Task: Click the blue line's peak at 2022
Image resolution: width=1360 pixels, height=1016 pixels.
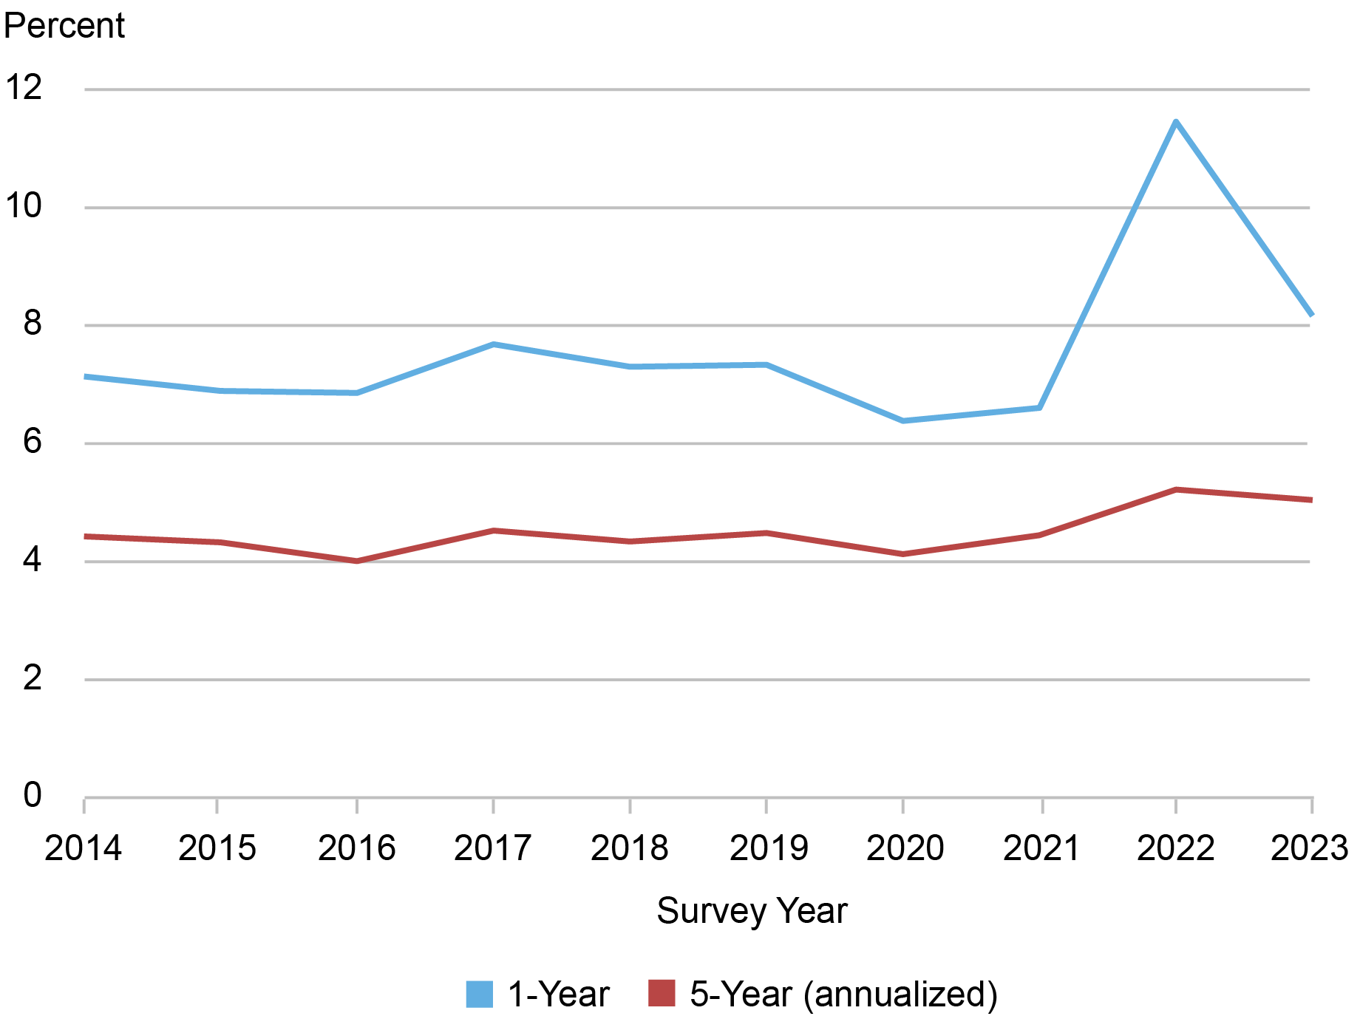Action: tap(1175, 122)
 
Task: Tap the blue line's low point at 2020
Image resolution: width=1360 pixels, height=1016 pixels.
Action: tap(903, 420)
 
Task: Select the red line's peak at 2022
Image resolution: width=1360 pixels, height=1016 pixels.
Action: tap(1175, 490)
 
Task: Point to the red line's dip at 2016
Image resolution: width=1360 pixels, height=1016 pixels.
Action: tap(357, 561)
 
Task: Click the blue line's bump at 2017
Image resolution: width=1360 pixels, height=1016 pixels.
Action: tap(493, 344)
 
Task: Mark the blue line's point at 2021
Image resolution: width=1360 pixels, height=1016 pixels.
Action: tap(1040, 407)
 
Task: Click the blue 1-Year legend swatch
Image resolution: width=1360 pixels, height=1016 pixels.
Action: tap(479, 994)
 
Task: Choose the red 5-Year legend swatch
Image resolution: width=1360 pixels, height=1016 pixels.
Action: tap(662, 993)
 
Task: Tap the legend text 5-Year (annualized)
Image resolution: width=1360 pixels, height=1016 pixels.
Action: tap(843, 994)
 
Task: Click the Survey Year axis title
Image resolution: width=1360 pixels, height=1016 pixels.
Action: tap(752, 910)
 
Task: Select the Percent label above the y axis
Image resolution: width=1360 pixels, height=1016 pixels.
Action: tap(64, 26)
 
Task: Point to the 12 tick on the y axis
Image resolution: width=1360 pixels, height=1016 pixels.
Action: tap(24, 87)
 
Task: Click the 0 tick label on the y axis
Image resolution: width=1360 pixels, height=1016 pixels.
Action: tap(32, 796)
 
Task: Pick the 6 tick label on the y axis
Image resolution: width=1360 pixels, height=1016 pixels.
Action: tap(32, 442)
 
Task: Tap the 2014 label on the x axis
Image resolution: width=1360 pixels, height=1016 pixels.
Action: tap(83, 848)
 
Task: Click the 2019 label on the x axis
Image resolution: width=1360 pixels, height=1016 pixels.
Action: tap(768, 848)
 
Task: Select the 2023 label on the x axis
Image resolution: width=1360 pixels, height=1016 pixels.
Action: tap(1309, 848)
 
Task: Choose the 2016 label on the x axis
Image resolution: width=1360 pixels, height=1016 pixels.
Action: tap(357, 848)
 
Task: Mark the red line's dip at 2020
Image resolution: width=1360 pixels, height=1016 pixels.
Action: tap(903, 553)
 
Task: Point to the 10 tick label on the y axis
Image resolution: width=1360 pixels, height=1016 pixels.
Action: tap(24, 205)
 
